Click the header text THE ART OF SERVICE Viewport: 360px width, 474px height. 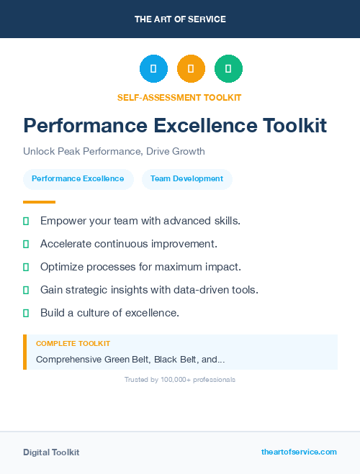pyautogui.click(x=180, y=19)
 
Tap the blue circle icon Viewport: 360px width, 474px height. pyautogui.click(x=153, y=69)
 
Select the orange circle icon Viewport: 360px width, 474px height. pyautogui.click(x=191, y=69)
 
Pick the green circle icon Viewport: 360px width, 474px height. pyautogui.click(x=228, y=69)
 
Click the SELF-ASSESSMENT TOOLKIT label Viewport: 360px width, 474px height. pyautogui.click(x=180, y=97)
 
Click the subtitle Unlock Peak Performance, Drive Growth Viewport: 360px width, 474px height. pyautogui.click(x=114, y=151)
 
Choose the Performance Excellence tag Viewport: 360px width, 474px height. pyautogui.click(x=78, y=178)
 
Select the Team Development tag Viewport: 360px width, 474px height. pyautogui.click(x=186, y=178)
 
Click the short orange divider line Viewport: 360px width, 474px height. pyautogui.click(x=39, y=202)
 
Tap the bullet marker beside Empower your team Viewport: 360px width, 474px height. pyautogui.click(x=26, y=221)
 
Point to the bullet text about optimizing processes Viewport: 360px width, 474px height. pyautogui.click(x=140, y=266)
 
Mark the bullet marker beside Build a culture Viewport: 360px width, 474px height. pyautogui.click(x=26, y=313)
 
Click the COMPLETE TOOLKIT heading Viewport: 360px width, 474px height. pyautogui.click(x=73, y=344)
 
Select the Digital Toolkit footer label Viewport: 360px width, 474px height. pyautogui.click(x=51, y=452)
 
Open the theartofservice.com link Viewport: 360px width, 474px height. pyautogui.click(x=299, y=452)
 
